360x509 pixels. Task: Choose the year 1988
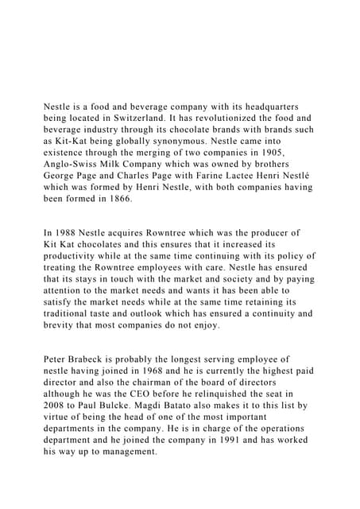pyautogui.click(x=69, y=232)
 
